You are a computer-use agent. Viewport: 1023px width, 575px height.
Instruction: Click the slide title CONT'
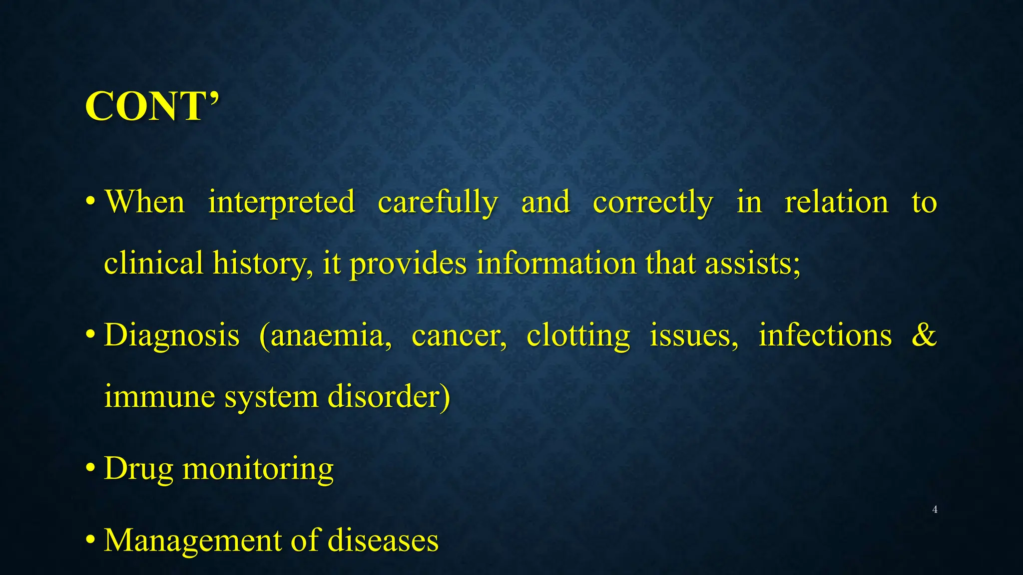tap(152, 106)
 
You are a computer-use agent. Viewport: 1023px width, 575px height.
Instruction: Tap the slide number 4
tap(935, 510)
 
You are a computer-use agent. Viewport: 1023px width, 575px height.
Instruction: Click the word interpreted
tap(281, 203)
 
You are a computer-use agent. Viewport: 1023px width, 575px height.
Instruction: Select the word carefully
tap(438, 203)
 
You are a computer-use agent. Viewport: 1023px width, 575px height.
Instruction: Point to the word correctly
tap(653, 203)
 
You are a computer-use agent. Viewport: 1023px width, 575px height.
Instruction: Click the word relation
tap(836, 203)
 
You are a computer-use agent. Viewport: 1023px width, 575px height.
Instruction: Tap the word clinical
tap(153, 263)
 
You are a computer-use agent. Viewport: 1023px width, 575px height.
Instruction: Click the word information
tap(556, 263)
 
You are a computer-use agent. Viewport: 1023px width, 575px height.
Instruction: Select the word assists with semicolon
tap(753, 263)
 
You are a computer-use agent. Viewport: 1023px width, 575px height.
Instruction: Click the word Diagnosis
tap(172, 335)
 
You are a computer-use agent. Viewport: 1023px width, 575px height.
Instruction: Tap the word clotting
tap(578, 336)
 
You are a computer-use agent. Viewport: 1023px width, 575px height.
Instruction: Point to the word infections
tap(825, 335)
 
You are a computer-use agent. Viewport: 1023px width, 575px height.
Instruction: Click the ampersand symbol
tap(924, 335)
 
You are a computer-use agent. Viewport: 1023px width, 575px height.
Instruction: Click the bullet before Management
tap(90, 540)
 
